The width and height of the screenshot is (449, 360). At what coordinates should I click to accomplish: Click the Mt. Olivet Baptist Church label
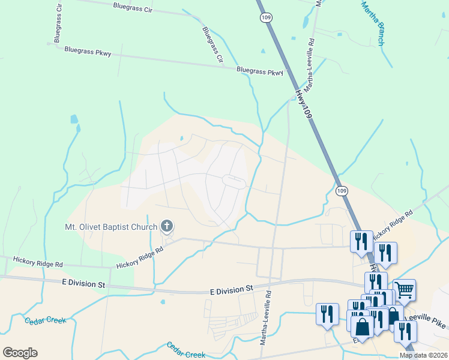(x=111, y=227)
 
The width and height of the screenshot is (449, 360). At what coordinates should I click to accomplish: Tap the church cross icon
(x=167, y=227)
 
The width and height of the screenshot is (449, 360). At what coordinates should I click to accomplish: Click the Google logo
(x=20, y=353)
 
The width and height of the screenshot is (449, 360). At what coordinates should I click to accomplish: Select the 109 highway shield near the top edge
(x=265, y=18)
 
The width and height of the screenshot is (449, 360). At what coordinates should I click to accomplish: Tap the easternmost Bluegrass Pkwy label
(x=259, y=71)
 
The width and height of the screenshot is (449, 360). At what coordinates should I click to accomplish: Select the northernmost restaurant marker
(x=361, y=241)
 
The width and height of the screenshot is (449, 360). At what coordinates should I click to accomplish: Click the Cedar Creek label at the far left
(x=45, y=320)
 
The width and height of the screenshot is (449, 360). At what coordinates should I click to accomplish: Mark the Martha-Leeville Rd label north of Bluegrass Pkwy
(x=309, y=65)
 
